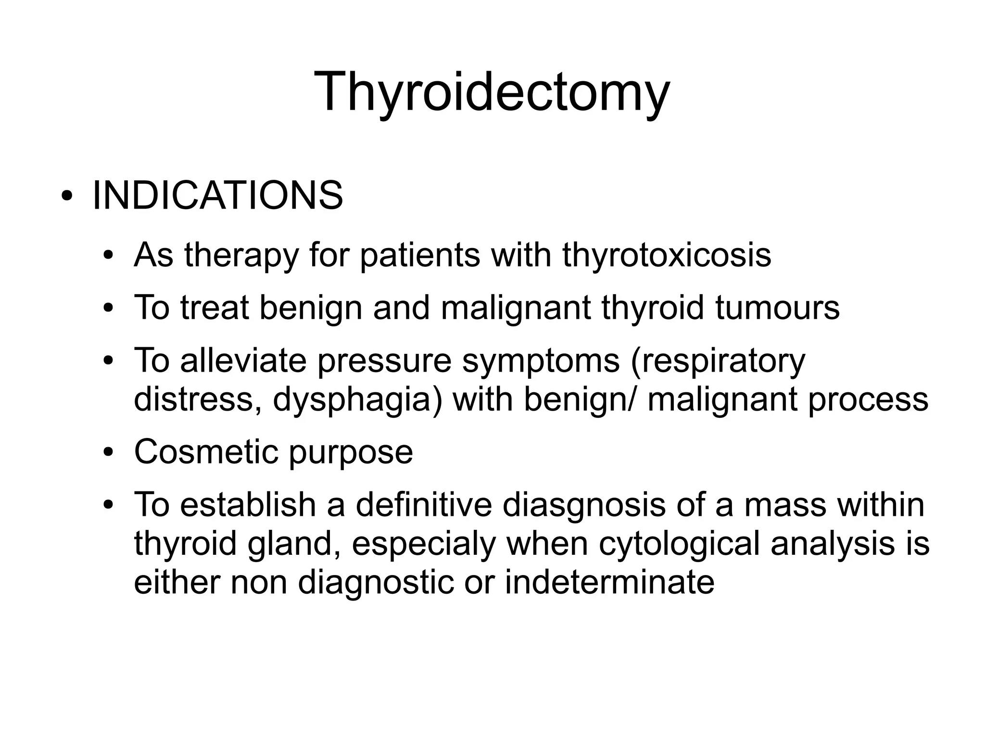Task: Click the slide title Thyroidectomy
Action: click(x=492, y=91)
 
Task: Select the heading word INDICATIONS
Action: click(x=217, y=196)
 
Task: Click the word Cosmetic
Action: click(x=206, y=451)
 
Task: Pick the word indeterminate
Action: click(x=609, y=582)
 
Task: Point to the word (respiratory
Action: click(x=718, y=361)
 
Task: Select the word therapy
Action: click(x=241, y=256)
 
